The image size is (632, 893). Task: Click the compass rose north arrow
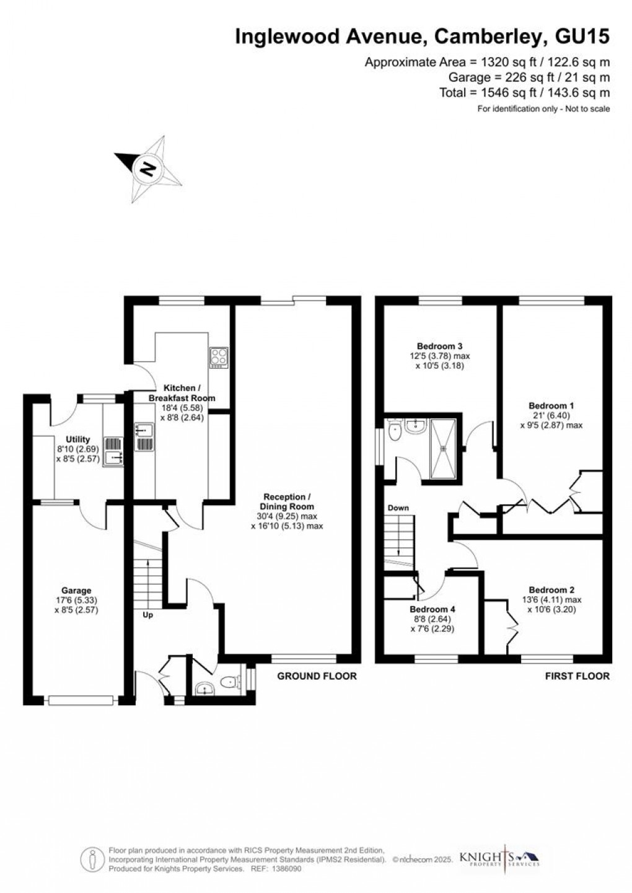pos(147,168)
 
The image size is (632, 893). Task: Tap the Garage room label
pos(76,591)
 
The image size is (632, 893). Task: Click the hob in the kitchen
pos(219,357)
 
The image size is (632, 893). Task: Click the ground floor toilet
pos(230,682)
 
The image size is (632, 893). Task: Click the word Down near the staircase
pos(398,508)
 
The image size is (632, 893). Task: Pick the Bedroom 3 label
pos(440,346)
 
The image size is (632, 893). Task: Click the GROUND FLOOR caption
pos(317,676)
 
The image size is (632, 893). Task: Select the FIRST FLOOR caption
pos(577,676)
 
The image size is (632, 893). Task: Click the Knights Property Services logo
pos(499,858)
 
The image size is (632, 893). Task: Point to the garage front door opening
pos(81,700)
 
